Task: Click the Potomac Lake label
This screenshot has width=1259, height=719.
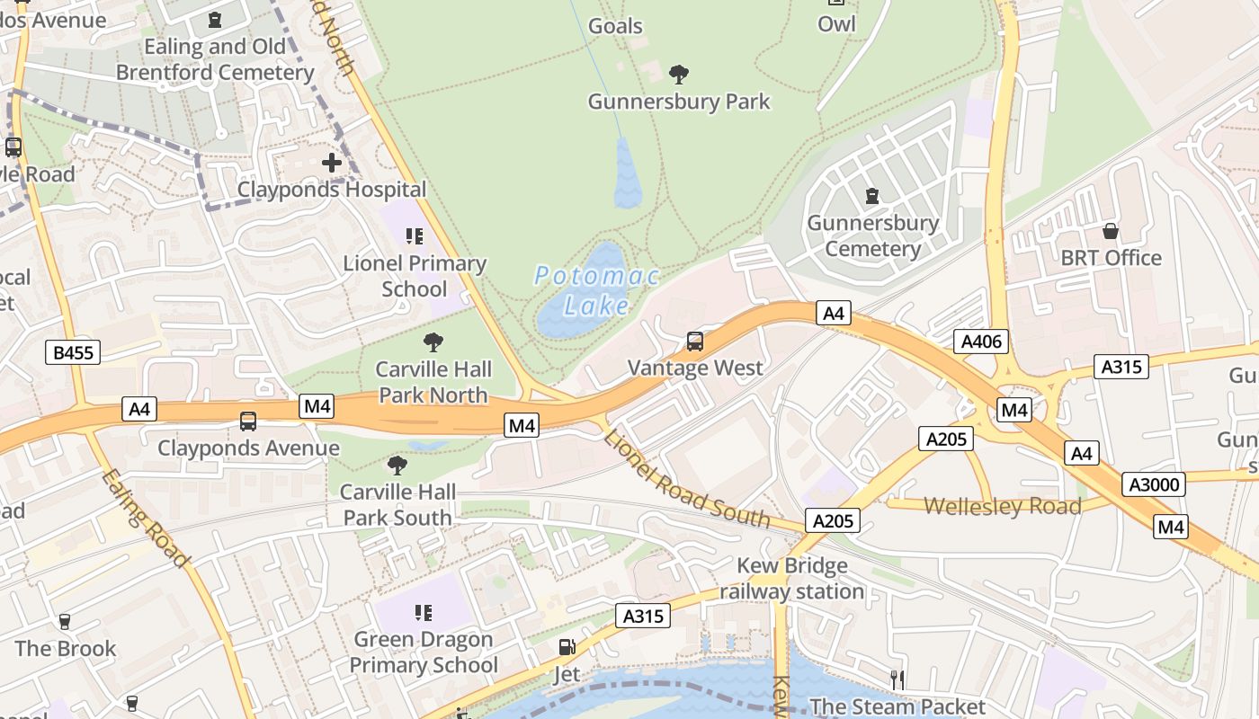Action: point(597,290)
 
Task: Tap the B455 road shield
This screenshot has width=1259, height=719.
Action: point(73,353)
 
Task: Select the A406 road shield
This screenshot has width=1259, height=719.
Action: point(980,342)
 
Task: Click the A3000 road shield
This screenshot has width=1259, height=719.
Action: point(1154,484)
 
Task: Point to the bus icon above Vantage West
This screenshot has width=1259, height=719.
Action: point(694,342)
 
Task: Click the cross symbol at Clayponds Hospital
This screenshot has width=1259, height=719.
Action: point(332,163)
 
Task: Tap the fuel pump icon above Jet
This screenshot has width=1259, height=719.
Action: point(567,646)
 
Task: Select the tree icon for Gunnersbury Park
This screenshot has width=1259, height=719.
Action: point(679,74)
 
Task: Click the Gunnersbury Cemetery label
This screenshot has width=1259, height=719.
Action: point(872,235)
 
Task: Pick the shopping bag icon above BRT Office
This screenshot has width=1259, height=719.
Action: point(1111,231)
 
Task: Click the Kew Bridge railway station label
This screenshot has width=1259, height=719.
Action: point(791,578)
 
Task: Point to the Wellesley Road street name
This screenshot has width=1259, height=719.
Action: point(1002,506)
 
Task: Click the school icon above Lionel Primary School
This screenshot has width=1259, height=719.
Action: point(414,236)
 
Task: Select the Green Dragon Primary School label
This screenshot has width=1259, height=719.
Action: point(424,652)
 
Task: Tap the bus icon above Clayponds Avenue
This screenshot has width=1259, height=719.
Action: point(247,421)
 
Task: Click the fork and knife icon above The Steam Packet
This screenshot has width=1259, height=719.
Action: point(897,679)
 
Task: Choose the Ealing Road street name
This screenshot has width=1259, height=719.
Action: point(145,519)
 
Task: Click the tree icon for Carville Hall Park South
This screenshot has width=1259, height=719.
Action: point(397,465)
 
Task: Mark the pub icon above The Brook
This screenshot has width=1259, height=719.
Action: point(65,621)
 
